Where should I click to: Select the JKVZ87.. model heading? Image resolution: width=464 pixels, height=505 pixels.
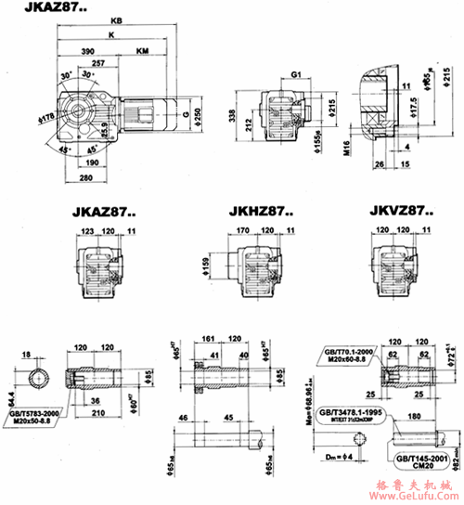tap(400, 211)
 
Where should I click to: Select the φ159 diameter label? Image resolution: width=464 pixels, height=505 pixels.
tap(202, 265)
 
